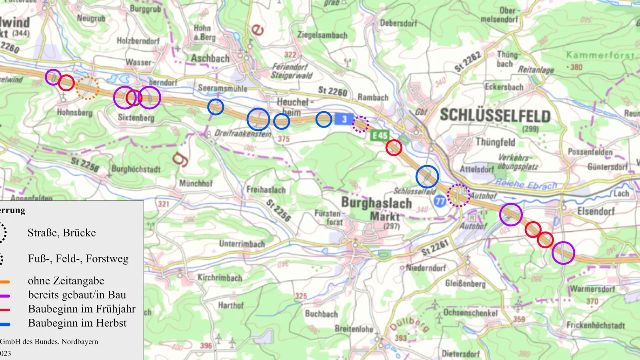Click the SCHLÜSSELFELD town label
click(495, 116)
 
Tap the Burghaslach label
click(376, 203)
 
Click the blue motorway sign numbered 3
click(344, 119)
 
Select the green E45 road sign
click(379, 136)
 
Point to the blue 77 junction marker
click(440, 201)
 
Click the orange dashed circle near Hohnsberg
click(87, 88)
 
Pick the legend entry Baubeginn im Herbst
click(77, 323)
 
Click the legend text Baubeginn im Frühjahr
click(82, 309)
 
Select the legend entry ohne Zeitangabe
click(66, 281)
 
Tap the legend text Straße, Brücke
click(62, 233)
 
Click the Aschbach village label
click(210, 58)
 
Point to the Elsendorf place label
click(596, 211)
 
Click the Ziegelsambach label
click(322, 35)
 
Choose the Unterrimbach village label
click(242, 244)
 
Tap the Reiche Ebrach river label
click(526, 184)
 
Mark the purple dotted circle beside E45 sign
click(360, 124)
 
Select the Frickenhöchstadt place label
click(595, 325)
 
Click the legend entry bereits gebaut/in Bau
click(77, 295)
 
